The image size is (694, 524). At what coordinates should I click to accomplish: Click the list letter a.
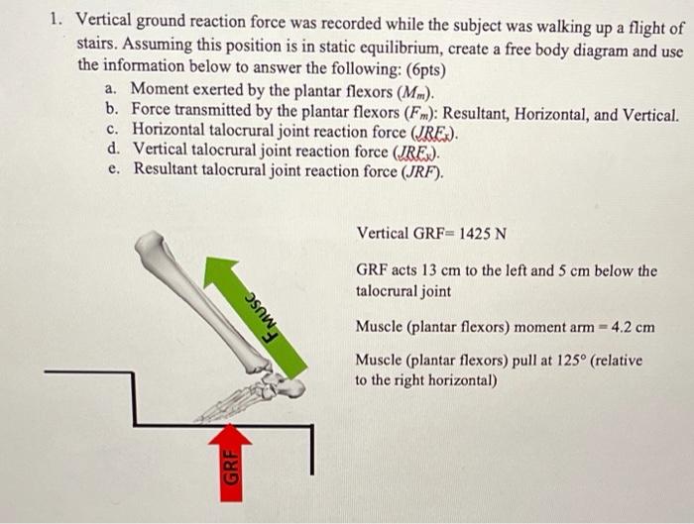point(109,91)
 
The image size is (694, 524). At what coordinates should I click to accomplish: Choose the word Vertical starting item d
point(163,151)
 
